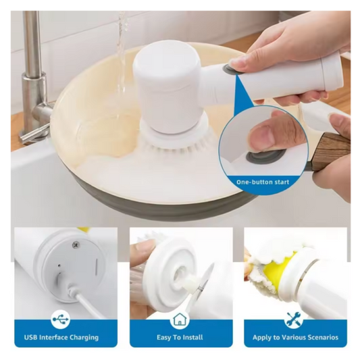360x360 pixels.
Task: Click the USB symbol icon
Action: [61, 319]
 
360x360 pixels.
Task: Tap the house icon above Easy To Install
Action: [179, 319]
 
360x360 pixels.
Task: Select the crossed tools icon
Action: [294, 319]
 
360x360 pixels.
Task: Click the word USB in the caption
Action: [31, 337]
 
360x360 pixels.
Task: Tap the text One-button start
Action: [263, 182]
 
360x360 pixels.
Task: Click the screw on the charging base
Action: [75, 245]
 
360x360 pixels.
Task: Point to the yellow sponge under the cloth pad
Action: [279, 274]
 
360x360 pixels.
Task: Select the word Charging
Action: [84, 338]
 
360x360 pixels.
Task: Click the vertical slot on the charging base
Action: [96, 266]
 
